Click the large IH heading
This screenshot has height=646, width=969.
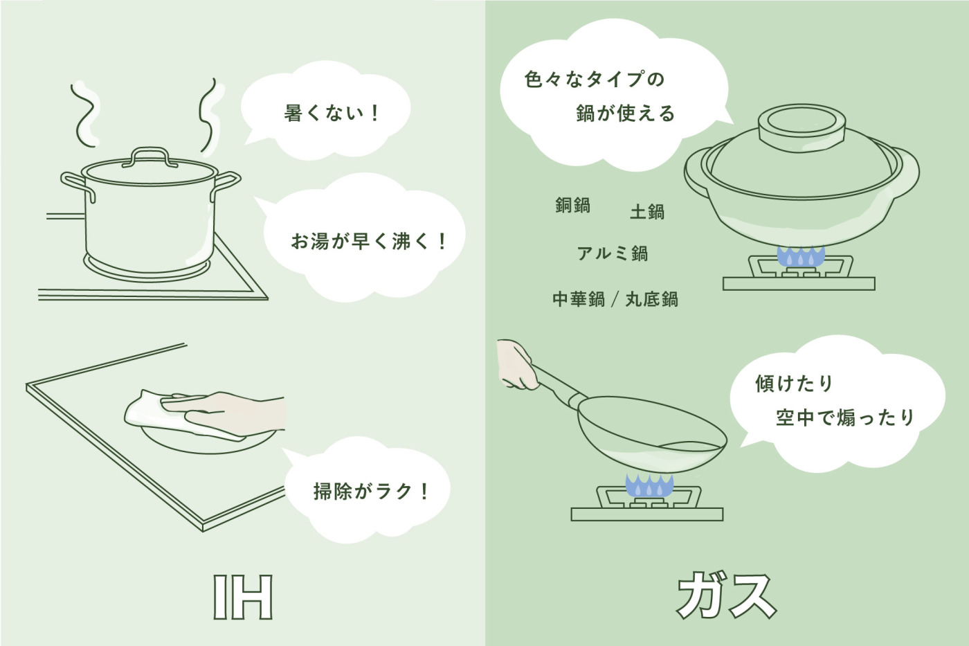[x=243, y=597]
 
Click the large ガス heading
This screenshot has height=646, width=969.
[x=726, y=595]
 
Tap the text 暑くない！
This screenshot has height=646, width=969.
[x=332, y=113]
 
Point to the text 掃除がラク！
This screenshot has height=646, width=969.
[x=371, y=492]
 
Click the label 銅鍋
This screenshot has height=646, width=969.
[x=572, y=206]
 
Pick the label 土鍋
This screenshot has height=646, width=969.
[x=647, y=212]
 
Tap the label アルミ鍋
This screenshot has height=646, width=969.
[x=613, y=253]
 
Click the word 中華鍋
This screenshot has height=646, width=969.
[x=578, y=299]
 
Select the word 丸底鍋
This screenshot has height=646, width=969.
[x=651, y=299]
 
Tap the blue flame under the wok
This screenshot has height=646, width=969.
[x=649, y=486]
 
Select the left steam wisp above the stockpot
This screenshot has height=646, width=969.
[x=84, y=114]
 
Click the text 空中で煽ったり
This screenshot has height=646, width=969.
[x=845, y=418]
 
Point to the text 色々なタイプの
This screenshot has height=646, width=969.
[x=595, y=80]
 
